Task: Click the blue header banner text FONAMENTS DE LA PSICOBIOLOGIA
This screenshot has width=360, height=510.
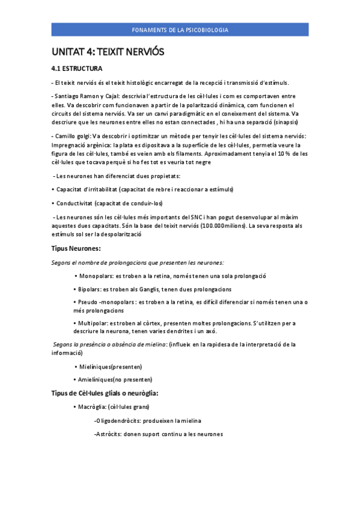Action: click(180, 30)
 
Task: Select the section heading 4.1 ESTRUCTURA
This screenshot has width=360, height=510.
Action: click(77, 69)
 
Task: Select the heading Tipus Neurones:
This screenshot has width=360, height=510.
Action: click(76, 248)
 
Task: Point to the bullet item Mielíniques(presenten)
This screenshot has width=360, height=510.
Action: click(111, 366)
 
